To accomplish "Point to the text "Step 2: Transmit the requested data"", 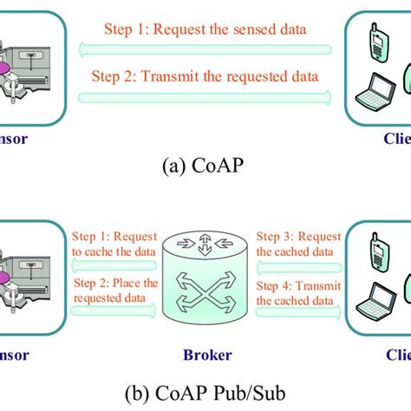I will point(205,76).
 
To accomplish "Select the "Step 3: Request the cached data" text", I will point(296,245).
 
